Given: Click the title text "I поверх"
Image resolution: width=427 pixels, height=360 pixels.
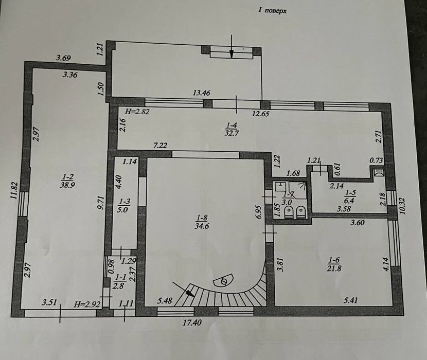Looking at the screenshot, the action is point(272,11).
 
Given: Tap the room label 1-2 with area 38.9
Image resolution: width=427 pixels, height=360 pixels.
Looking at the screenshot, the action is point(67,181).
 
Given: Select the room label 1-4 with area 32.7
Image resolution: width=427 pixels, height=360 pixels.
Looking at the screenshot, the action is point(231,129).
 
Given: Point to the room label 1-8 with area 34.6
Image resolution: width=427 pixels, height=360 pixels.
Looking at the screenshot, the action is point(202,222).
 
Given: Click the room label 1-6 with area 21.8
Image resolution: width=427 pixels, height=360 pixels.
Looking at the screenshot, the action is point(334,264).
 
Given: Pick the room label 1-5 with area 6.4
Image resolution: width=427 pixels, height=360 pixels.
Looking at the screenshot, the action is point(350,196).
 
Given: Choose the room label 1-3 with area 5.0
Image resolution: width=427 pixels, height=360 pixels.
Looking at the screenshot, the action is point(124,206).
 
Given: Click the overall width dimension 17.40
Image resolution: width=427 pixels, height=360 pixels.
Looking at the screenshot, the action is point(192,322).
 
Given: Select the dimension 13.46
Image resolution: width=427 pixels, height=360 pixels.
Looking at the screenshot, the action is point(202,93).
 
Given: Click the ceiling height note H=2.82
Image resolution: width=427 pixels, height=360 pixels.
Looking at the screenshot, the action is point(137,112).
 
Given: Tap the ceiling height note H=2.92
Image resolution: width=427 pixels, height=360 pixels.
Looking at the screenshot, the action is point(87,304).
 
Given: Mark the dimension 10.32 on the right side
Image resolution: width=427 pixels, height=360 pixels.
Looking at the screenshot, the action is point(403,206).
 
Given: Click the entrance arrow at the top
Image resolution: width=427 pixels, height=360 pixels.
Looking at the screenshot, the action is point(231,46).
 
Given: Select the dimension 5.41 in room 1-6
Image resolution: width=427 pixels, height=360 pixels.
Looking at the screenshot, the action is point(351,300).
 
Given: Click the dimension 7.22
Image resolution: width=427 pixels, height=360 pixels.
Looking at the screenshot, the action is point(161,146).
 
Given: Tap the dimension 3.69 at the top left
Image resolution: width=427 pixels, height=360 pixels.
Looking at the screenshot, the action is point(63,58).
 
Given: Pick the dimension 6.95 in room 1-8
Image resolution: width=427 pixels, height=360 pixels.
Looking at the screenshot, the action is point(259,211).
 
